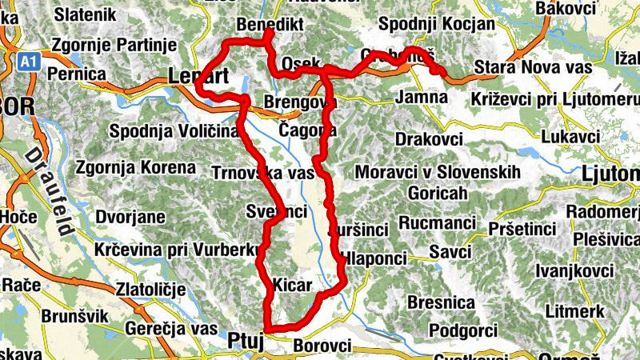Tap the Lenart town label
(x=199, y=77)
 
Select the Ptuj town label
(x=245, y=339)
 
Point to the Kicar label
(x=292, y=284)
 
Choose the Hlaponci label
(x=374, y=258)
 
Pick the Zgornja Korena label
(x=135, y=168)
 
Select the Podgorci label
(x=463, y=330)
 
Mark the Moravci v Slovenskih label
(x=438, y=173)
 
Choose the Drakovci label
(x=429, y=138)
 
